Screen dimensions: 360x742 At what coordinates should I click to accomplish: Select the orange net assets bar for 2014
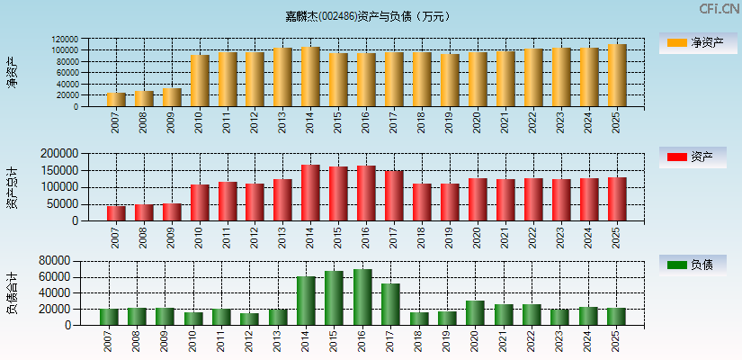click(x=310, y=76)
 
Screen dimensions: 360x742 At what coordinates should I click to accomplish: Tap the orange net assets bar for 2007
click(x=116, y=99)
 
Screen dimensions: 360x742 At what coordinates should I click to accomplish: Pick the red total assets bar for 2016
click(x=366, y=193)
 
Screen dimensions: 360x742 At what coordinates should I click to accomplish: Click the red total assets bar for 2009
click(x=172, y=211)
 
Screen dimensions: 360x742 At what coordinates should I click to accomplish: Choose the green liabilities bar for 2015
click(x=334, y=298)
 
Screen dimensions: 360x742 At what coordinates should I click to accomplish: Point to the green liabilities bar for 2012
click(x=249, y=319)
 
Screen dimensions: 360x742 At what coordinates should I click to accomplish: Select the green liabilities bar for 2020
click(x=475, y=312)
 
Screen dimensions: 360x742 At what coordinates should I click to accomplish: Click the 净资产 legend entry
click(x=693, y=42)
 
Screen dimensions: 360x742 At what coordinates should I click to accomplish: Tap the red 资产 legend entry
click(x=693, y=157)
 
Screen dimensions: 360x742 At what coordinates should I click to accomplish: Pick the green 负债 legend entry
click(x=693, y=265)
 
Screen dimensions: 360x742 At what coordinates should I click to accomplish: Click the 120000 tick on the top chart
click(x=90, y=40)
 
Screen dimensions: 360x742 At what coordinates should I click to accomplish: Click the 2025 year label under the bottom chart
click(x=616, y=341)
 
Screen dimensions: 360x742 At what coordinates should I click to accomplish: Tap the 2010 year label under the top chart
click(x=200, y=122)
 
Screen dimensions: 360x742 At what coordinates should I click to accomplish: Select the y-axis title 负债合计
click(x=13, y=292)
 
